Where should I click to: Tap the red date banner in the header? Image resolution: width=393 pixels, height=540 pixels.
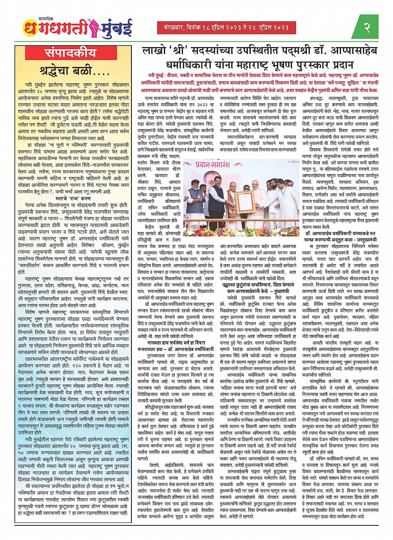227,28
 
